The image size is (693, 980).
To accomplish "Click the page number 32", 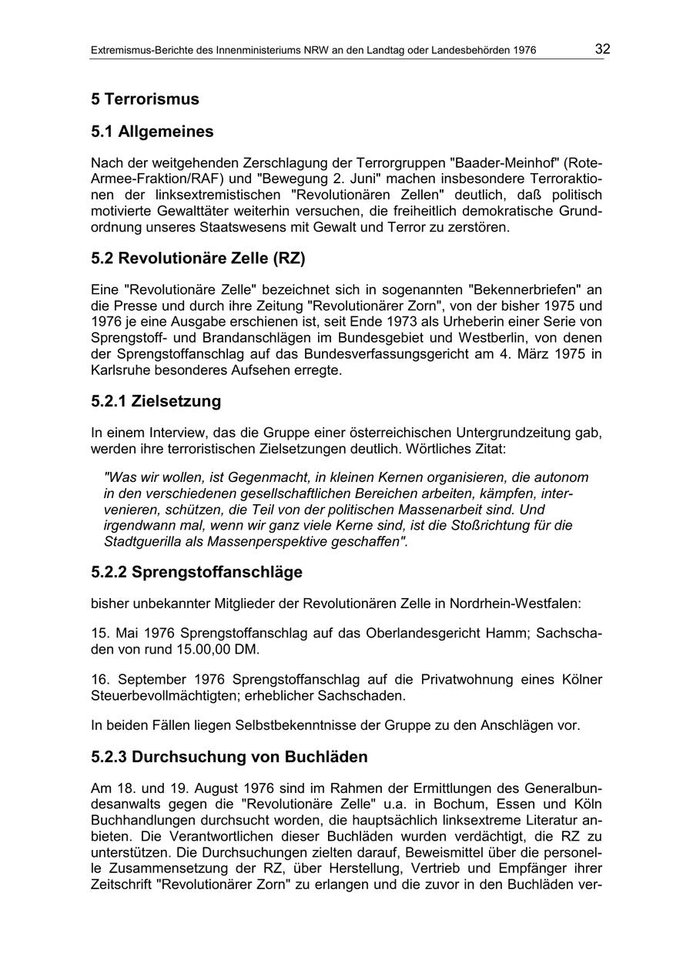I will (x=602, y=49).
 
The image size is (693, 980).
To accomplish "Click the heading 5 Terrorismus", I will (x=145, y=99).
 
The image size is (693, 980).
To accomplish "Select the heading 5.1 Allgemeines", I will (x=152, y=132).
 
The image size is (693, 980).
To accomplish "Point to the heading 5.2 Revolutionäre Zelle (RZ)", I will (x=198, y=259).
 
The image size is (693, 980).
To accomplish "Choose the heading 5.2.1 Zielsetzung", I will (x=156, y=401).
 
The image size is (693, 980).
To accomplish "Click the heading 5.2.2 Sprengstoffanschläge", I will (x=196, y=572).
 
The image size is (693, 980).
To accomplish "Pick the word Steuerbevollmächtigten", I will (x=162, y=695).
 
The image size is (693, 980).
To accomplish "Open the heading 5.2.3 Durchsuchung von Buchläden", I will (x=229, y=757).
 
